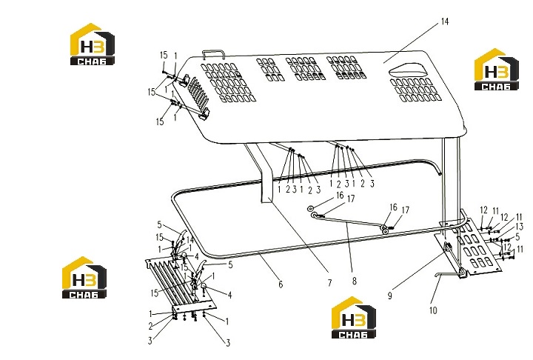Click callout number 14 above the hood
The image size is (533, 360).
coord(445,21)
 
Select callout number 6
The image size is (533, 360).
coord(281,284)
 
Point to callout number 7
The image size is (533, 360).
coord(329,283)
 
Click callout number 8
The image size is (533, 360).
coord(354,281)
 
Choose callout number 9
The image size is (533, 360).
coord(390,296)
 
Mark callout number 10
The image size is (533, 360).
coord(433,310)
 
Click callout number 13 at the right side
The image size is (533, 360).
coord(519,226)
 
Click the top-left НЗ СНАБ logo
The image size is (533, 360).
coord(92,44)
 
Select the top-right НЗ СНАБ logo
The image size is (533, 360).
coord(496,70)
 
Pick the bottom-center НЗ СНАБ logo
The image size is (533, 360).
coord(354,318)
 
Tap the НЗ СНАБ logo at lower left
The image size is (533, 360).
coord(84,278)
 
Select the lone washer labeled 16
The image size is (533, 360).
coord(310,208)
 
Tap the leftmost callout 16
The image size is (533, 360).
coord(340,196)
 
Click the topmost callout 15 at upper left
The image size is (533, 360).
coord(164,55)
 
